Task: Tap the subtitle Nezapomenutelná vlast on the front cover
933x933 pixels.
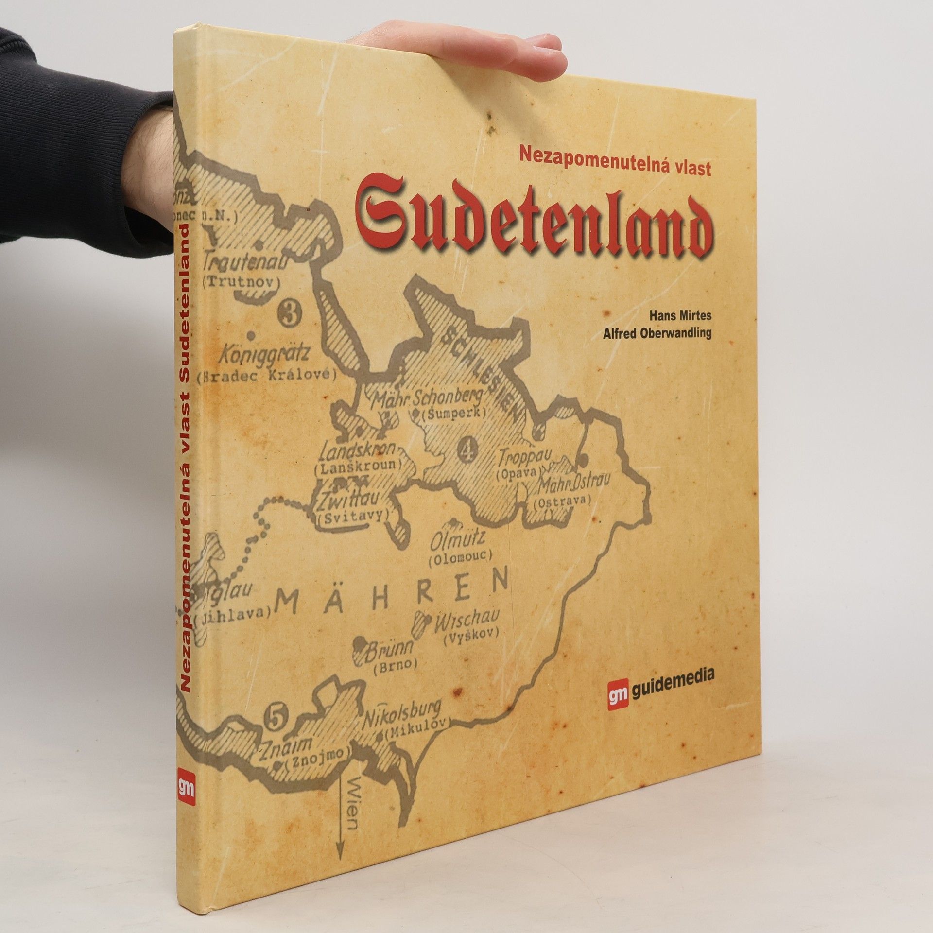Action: tap(615, 168)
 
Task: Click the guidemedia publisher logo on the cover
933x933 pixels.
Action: tap(661, 677)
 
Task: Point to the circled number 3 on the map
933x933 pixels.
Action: tap(291, 313)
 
